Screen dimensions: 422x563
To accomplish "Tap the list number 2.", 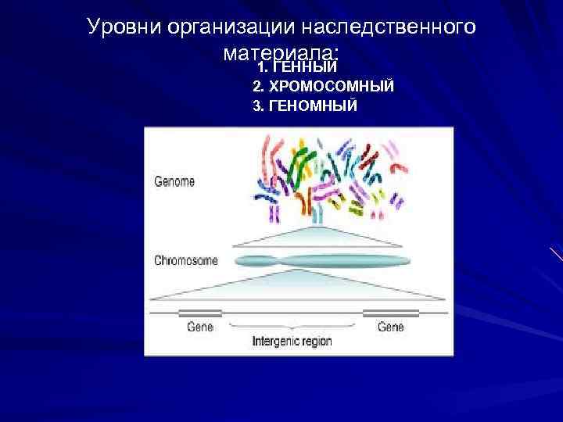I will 258,86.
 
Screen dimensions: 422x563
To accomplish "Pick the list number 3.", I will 258,105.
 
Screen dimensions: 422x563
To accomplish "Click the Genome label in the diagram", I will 174,181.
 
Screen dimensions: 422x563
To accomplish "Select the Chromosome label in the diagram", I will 186,260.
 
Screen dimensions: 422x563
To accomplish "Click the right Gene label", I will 391,327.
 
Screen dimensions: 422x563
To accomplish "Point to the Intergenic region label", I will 292,342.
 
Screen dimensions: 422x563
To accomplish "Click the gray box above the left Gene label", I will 200,313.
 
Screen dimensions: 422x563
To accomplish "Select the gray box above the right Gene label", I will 391,313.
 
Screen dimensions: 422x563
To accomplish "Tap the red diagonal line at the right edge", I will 556,255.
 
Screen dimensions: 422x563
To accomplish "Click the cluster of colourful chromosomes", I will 328,176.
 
